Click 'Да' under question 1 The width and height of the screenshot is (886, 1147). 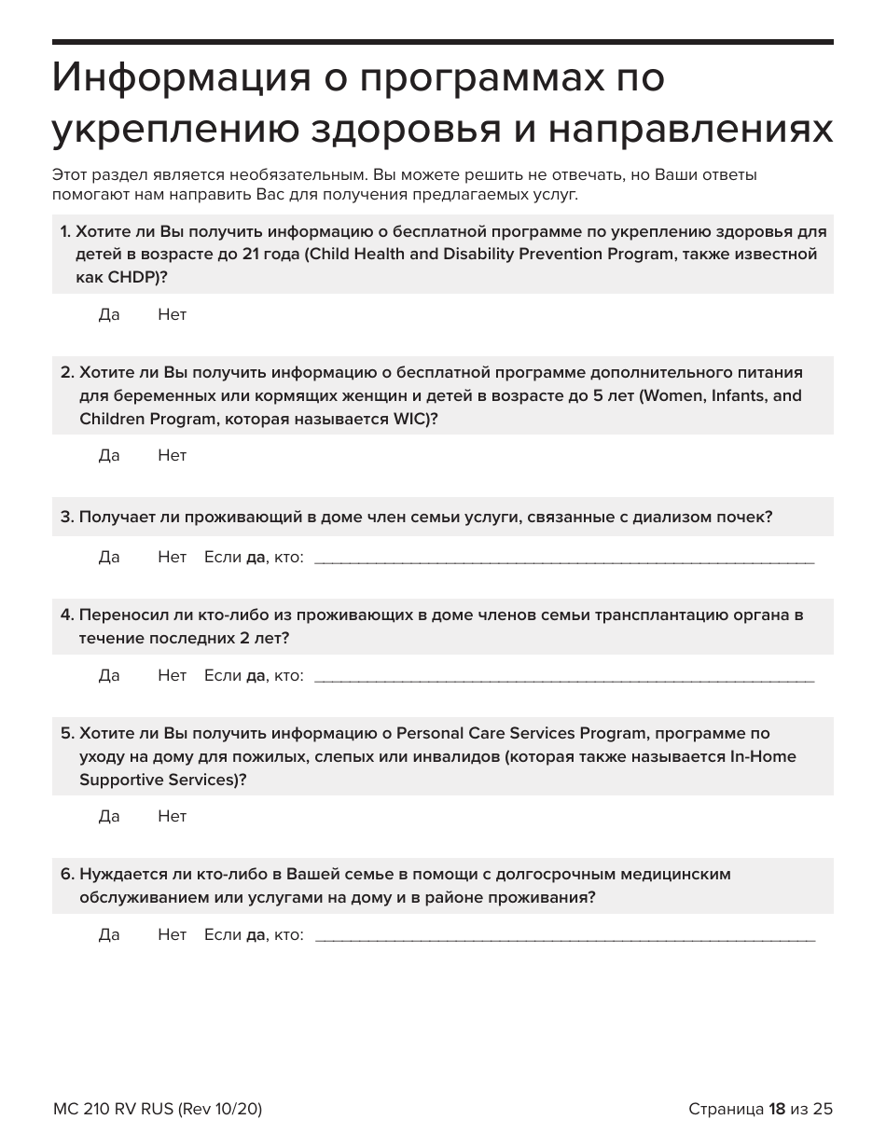coord(109,315)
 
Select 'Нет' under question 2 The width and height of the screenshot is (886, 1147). coord(173,456)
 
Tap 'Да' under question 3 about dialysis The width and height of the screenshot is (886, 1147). coord(109,558)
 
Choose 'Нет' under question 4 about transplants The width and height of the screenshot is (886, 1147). coord(173,676)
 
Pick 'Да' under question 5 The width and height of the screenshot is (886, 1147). coord(109,817)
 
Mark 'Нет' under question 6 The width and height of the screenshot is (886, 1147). coord(173,935)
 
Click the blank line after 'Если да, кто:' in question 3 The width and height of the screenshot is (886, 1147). coord(564,560)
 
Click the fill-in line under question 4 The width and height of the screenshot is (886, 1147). coord(564,678)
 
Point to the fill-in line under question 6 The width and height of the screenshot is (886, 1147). coord(564,937)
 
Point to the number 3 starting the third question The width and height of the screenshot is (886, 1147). coord(65,518)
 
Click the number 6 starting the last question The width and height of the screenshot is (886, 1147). coord(65,875)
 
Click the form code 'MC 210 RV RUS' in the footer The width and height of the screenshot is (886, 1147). coord(109,1109)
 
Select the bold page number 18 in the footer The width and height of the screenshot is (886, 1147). coord(777,1109)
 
